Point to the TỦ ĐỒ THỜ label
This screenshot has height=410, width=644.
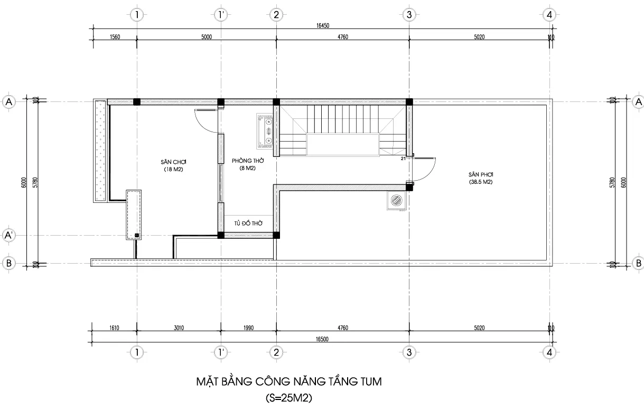click(248, 223)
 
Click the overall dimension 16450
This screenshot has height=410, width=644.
click(323, 25)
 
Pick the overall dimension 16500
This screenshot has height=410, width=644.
click(322, 339)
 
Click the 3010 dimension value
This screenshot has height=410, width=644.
click(179, 328)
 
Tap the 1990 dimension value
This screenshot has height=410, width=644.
click(248, 328)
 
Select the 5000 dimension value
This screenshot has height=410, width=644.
click(207, 37)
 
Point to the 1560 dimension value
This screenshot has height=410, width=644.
click(115, 37)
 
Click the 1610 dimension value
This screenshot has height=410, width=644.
click(114, 328)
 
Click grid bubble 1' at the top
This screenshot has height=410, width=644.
click(221, 15)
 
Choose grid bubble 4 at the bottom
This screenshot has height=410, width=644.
click(549, 352)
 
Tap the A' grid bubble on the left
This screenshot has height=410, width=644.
click(8, 235)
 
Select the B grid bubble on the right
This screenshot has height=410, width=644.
click(638, 263)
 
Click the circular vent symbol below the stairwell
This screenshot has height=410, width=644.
click(397, 200)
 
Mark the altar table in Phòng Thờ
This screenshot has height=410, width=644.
click(265, 131)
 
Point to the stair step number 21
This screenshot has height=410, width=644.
click(404, 159)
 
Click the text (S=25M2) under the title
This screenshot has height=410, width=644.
click(288, 398)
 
